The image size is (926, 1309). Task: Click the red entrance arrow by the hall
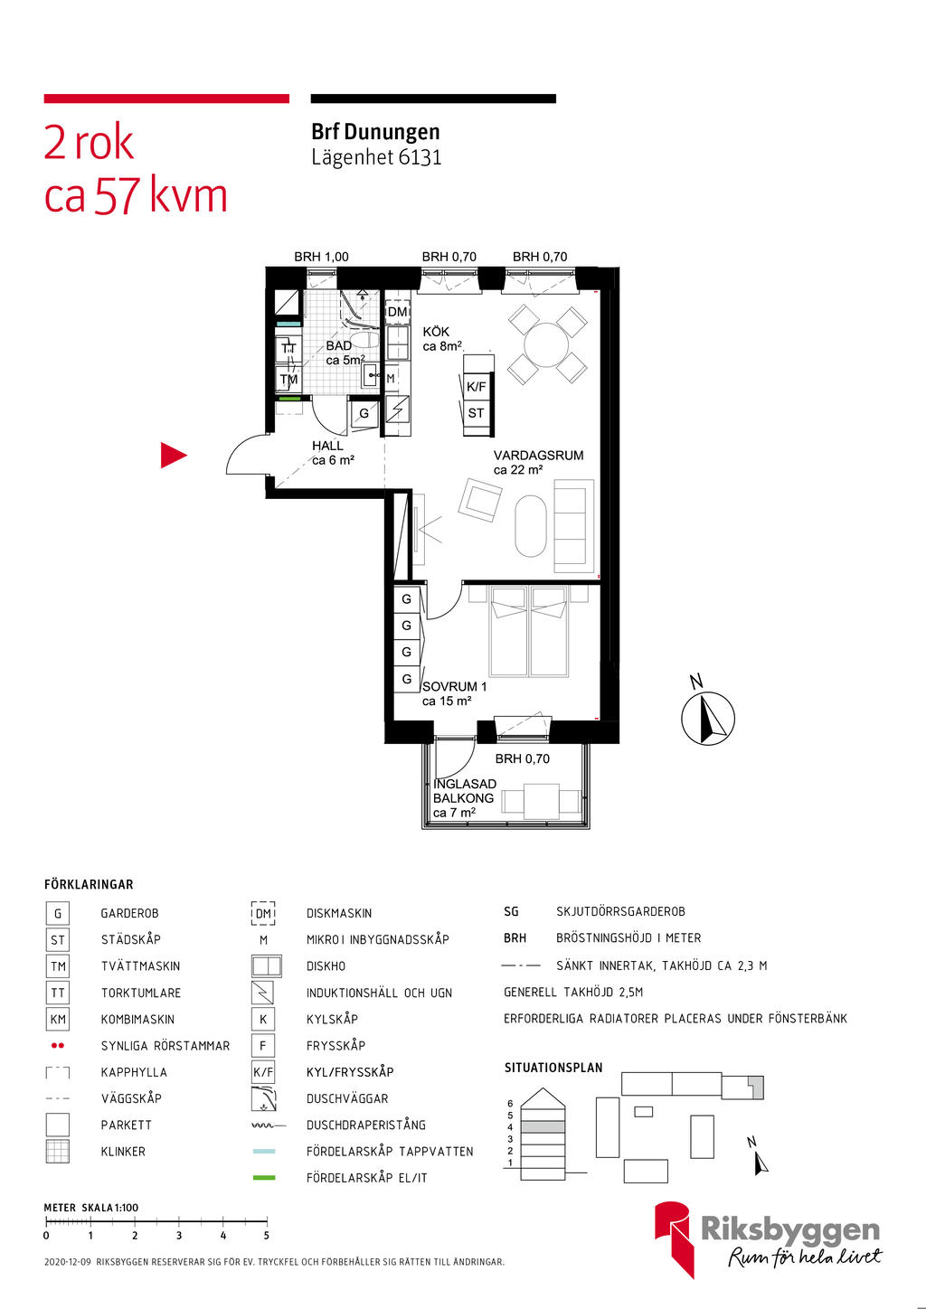tap(173, 456)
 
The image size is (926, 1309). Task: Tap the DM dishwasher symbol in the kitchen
tap(397, 312)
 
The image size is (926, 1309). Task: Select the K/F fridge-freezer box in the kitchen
tap(477, 386)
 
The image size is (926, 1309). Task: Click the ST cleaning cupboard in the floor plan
tap(477, 413)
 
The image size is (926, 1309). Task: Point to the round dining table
tap(547, 344)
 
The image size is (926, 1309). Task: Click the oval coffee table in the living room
tap(531, 526)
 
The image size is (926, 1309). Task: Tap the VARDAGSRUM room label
tap(538, 456)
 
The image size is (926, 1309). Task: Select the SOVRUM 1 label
tap(454, 686)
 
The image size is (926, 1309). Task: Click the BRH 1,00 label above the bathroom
tap(321, 257)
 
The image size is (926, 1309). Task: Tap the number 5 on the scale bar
tap(266, 1235)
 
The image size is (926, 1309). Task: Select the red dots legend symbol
tap(58, 1046)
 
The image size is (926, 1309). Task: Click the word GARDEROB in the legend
tap(129, 913)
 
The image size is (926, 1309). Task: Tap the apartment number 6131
tap(420, 157)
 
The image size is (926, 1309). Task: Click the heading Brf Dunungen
tap(375, 132)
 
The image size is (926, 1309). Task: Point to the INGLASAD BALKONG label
tap(464, 791)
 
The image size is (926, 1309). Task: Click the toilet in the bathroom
tap(364, 340)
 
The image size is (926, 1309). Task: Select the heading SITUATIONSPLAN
tap(553, 1068)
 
